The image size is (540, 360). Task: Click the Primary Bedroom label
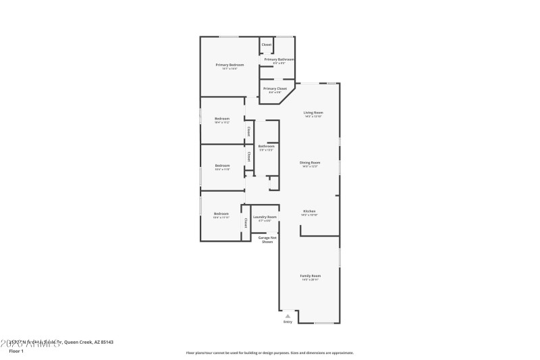point(230,65)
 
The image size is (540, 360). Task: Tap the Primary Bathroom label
point(279,59)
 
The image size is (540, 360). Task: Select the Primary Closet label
point(275,88)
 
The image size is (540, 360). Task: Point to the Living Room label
point(313,112)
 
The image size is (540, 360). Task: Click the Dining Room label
point(310,162)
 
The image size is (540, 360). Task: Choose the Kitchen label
point(309,211)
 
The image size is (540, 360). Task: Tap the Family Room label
point(310,276)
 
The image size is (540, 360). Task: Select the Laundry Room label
point(265,217)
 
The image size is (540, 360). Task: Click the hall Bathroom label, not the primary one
point(266,146)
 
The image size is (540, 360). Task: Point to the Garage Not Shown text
point(267,239)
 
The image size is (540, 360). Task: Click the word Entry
point(288,322)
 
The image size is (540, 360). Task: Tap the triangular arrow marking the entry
point(288,315)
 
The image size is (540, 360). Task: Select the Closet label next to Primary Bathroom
point(267,45)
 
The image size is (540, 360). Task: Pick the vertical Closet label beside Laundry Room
point(246,223)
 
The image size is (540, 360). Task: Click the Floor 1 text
point(16,351)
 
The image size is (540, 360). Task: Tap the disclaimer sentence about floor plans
point(269,353)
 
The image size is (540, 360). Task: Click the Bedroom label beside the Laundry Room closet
point(221,213)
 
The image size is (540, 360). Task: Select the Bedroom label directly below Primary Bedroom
point(222,118)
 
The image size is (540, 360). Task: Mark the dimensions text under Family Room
point(310,280)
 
